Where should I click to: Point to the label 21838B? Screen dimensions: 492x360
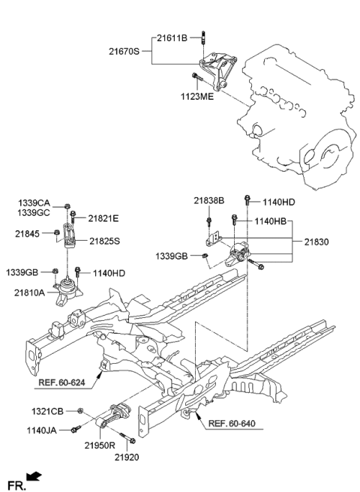(208, 201)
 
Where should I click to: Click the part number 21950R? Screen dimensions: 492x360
(98, 445)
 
